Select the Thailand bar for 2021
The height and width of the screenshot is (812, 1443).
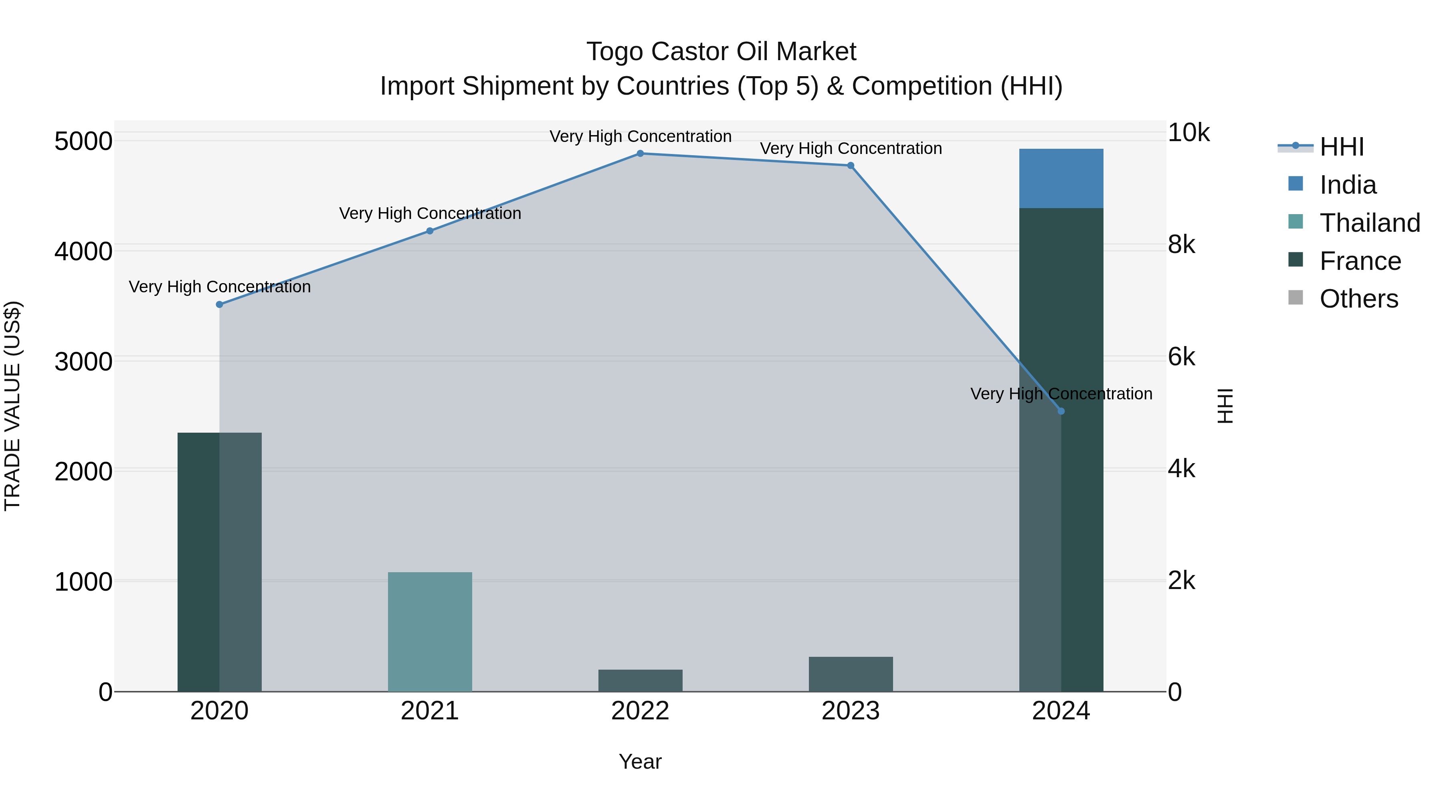point(430,632)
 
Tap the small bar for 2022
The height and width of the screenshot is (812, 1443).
point(640,680)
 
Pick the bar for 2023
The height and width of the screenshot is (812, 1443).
point(850,674)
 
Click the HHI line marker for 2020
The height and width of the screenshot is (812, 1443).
point(220,304)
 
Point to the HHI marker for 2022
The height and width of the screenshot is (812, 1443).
point(640,154)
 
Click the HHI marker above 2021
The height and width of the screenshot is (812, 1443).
point(430,231)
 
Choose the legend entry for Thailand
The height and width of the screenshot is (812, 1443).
point(1370,223)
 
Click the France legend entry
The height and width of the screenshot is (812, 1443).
point(1360,261)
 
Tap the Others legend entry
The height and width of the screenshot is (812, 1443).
point(1358,299)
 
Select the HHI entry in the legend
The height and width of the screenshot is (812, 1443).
point(1341,147)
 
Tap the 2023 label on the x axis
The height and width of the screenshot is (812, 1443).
point(850,711)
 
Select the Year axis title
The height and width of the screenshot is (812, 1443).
point(640,761)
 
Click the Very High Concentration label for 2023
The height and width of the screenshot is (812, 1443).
point(850,148)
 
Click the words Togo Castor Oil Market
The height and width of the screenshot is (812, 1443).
point(721,52)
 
